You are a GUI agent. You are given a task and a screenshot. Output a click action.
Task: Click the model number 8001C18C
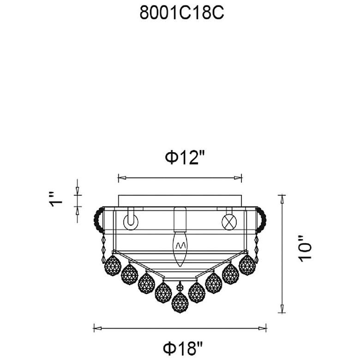(181, 12)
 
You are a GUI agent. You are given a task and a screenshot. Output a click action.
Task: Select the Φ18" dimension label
(183, 348)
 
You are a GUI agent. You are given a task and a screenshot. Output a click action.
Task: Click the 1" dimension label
(55, 199)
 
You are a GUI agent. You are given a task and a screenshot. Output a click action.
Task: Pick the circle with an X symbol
(229, 222)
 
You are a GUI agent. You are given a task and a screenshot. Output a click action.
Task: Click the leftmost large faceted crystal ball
(113, 265)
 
